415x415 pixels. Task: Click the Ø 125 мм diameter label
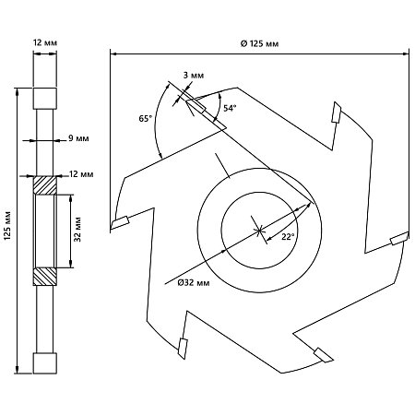(x=259, y=43)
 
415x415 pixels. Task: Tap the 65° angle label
(x=146, y=118)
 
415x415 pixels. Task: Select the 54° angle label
(x=230, y=108)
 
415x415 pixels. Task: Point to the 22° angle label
(x=288, y=236)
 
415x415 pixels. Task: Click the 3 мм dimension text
(x=194, y=75)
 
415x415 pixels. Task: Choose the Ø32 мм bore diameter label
(x=194, y=282)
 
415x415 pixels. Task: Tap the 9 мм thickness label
(x=78, y=138)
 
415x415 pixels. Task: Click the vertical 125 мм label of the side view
(x=8, y=225)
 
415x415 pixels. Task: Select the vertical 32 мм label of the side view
(x=77, y=230)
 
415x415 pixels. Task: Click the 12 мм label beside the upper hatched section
(x=81, y=174)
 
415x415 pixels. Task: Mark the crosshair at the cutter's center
(x=260, y=230)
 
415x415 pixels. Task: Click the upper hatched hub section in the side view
(x=45, y=185)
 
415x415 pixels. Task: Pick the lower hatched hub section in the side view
(x=45, y=277)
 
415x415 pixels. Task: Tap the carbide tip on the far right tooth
(x=399, y=238)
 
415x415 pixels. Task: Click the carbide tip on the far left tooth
(x=120, y=222)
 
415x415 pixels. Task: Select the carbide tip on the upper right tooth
(x=336, y=113)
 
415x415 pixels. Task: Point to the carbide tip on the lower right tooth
(x=324, y=355)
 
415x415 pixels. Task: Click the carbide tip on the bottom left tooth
(x=183, y=349)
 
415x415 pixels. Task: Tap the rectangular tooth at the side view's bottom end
(x=45, y=363)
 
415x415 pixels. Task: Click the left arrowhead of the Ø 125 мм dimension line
(x=113, y=54)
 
